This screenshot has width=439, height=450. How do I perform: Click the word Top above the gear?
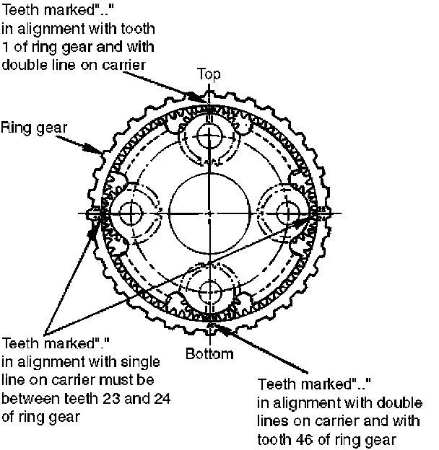[209, 74]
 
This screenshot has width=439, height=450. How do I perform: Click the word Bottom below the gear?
[209, 354]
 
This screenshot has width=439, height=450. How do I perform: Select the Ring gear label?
[34, 128]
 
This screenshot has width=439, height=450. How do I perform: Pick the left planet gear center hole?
[131, 213]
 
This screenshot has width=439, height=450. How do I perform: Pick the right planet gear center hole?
[289, 213]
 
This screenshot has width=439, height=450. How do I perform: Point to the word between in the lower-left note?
[27, 397]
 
